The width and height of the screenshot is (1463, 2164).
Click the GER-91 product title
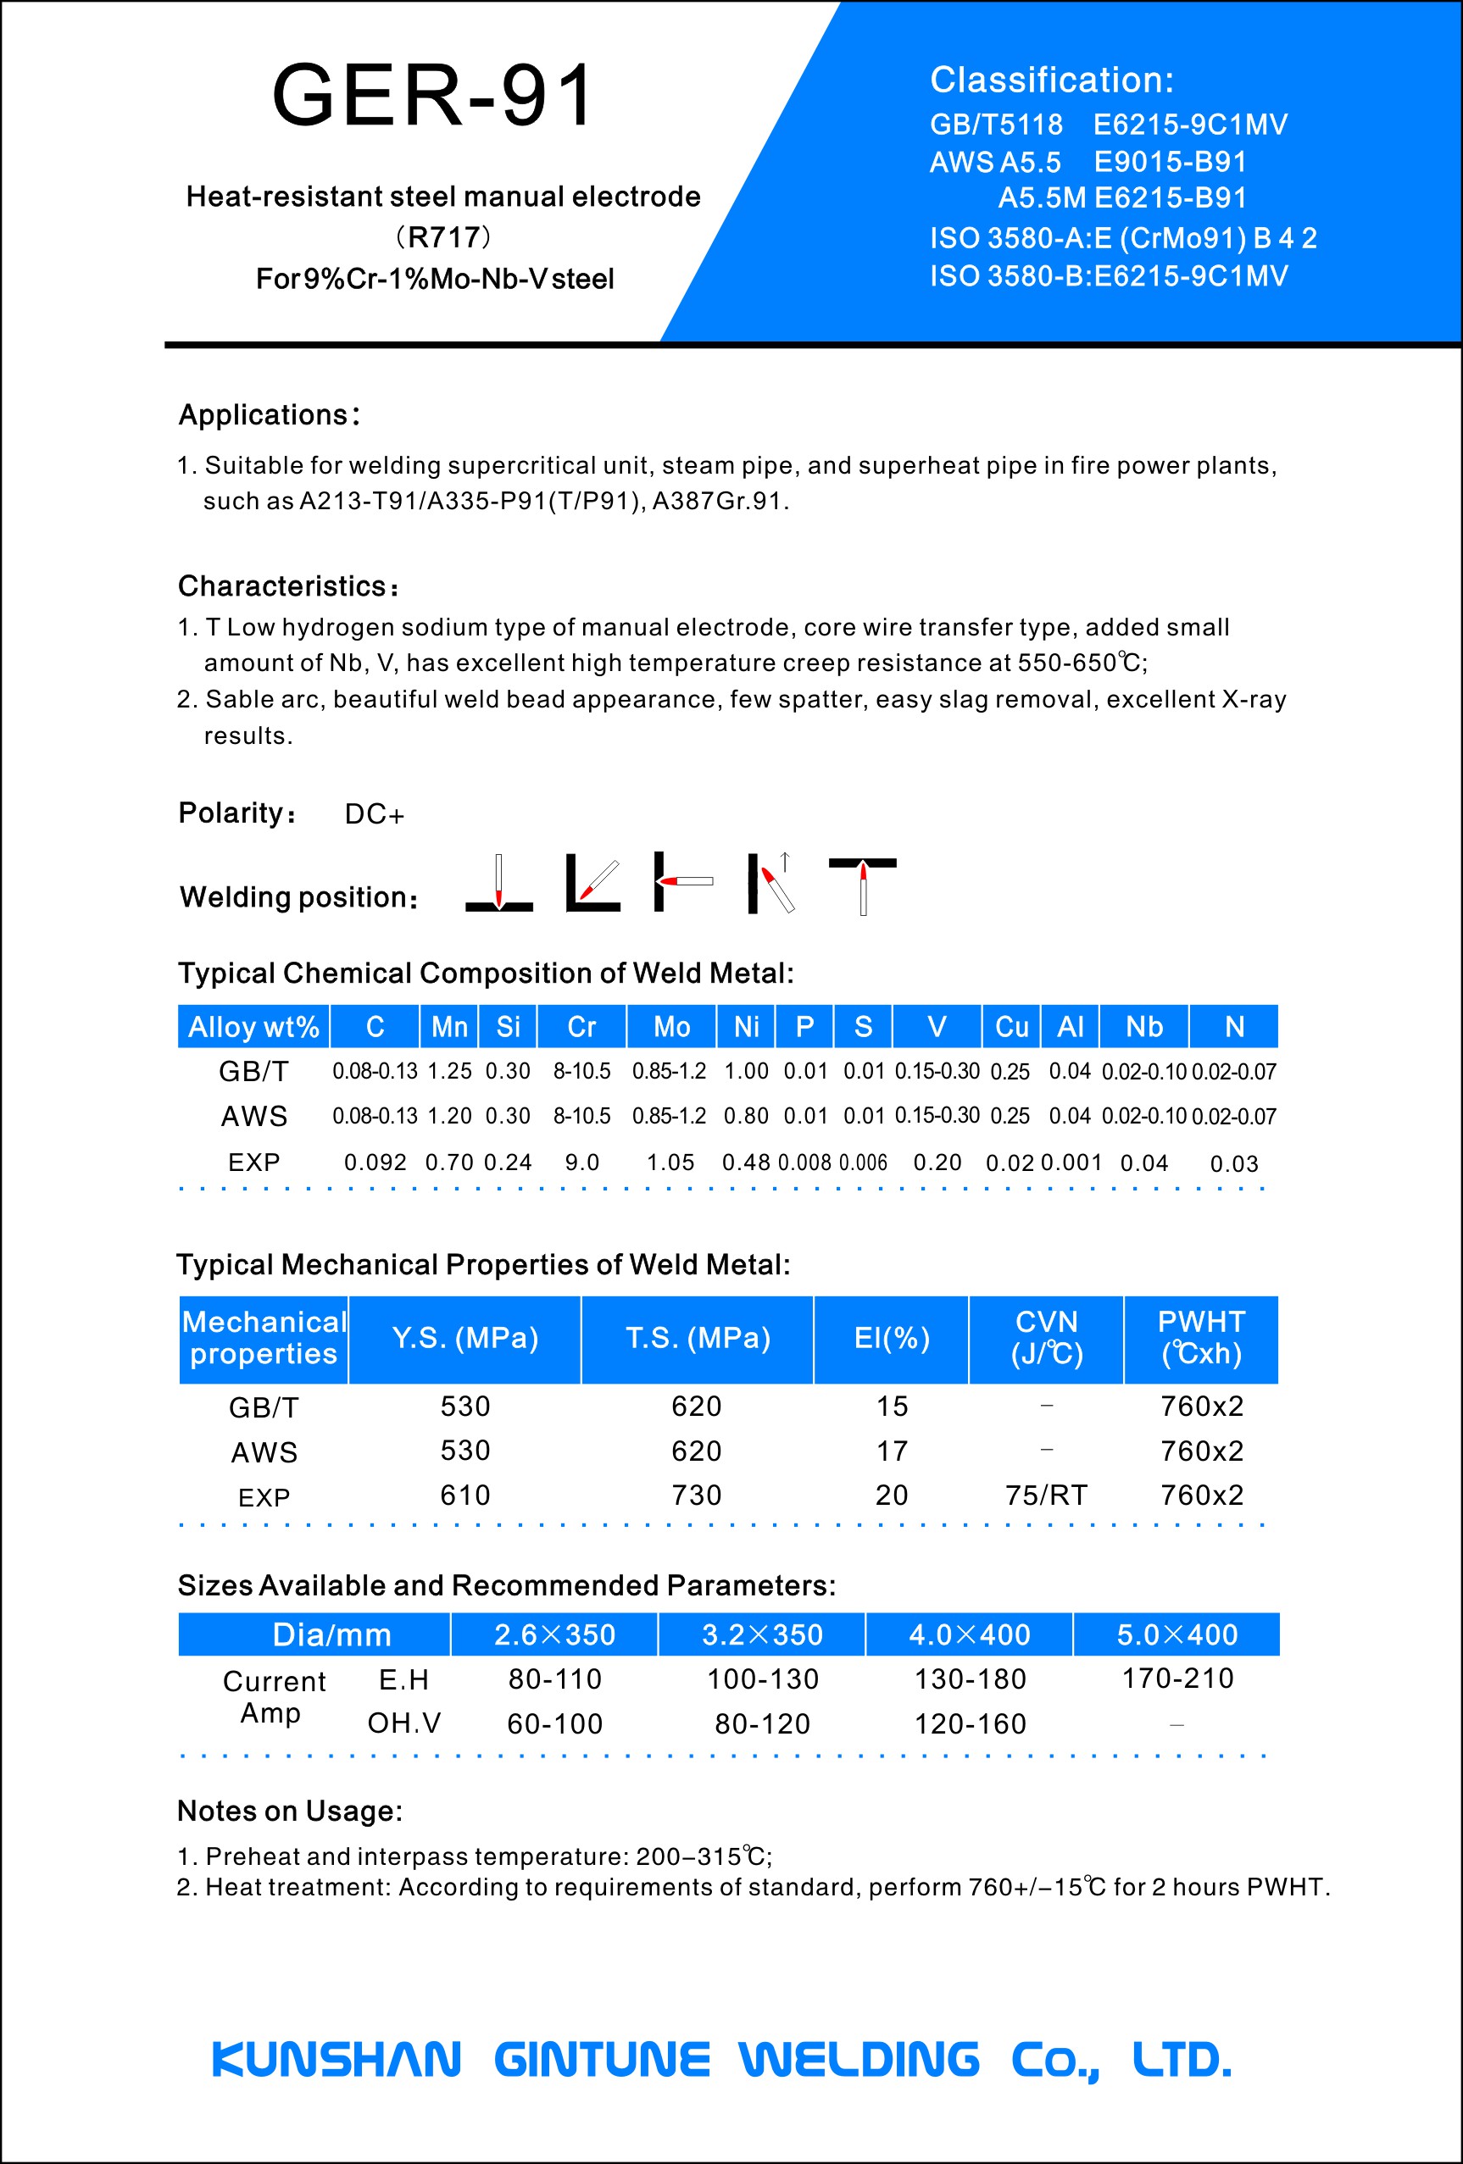(433, 95)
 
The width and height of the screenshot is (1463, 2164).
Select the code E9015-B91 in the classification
(1170, 162)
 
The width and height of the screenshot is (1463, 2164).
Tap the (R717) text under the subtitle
(443, 237)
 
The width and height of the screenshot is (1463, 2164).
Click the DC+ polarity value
(375, 815)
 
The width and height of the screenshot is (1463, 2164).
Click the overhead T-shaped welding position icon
(862, 885)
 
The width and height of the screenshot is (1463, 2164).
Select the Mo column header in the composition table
(671, 1026)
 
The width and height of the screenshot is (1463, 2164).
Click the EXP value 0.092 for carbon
(375, 1162)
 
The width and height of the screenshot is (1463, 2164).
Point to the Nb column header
(1143, 1026)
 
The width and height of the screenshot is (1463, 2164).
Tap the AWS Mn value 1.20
(449, 1116)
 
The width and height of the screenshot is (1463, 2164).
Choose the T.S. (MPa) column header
(698, 1338)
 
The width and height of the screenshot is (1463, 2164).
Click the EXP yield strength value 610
(464, 1495)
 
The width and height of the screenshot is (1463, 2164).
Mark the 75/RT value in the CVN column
(1046, 1495)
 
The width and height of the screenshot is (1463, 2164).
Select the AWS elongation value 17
(891, 1451)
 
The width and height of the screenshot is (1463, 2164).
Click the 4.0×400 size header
(970, 1634)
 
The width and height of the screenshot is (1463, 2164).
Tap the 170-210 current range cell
(1177, 1678)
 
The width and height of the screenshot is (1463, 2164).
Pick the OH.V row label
(404, 1723)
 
